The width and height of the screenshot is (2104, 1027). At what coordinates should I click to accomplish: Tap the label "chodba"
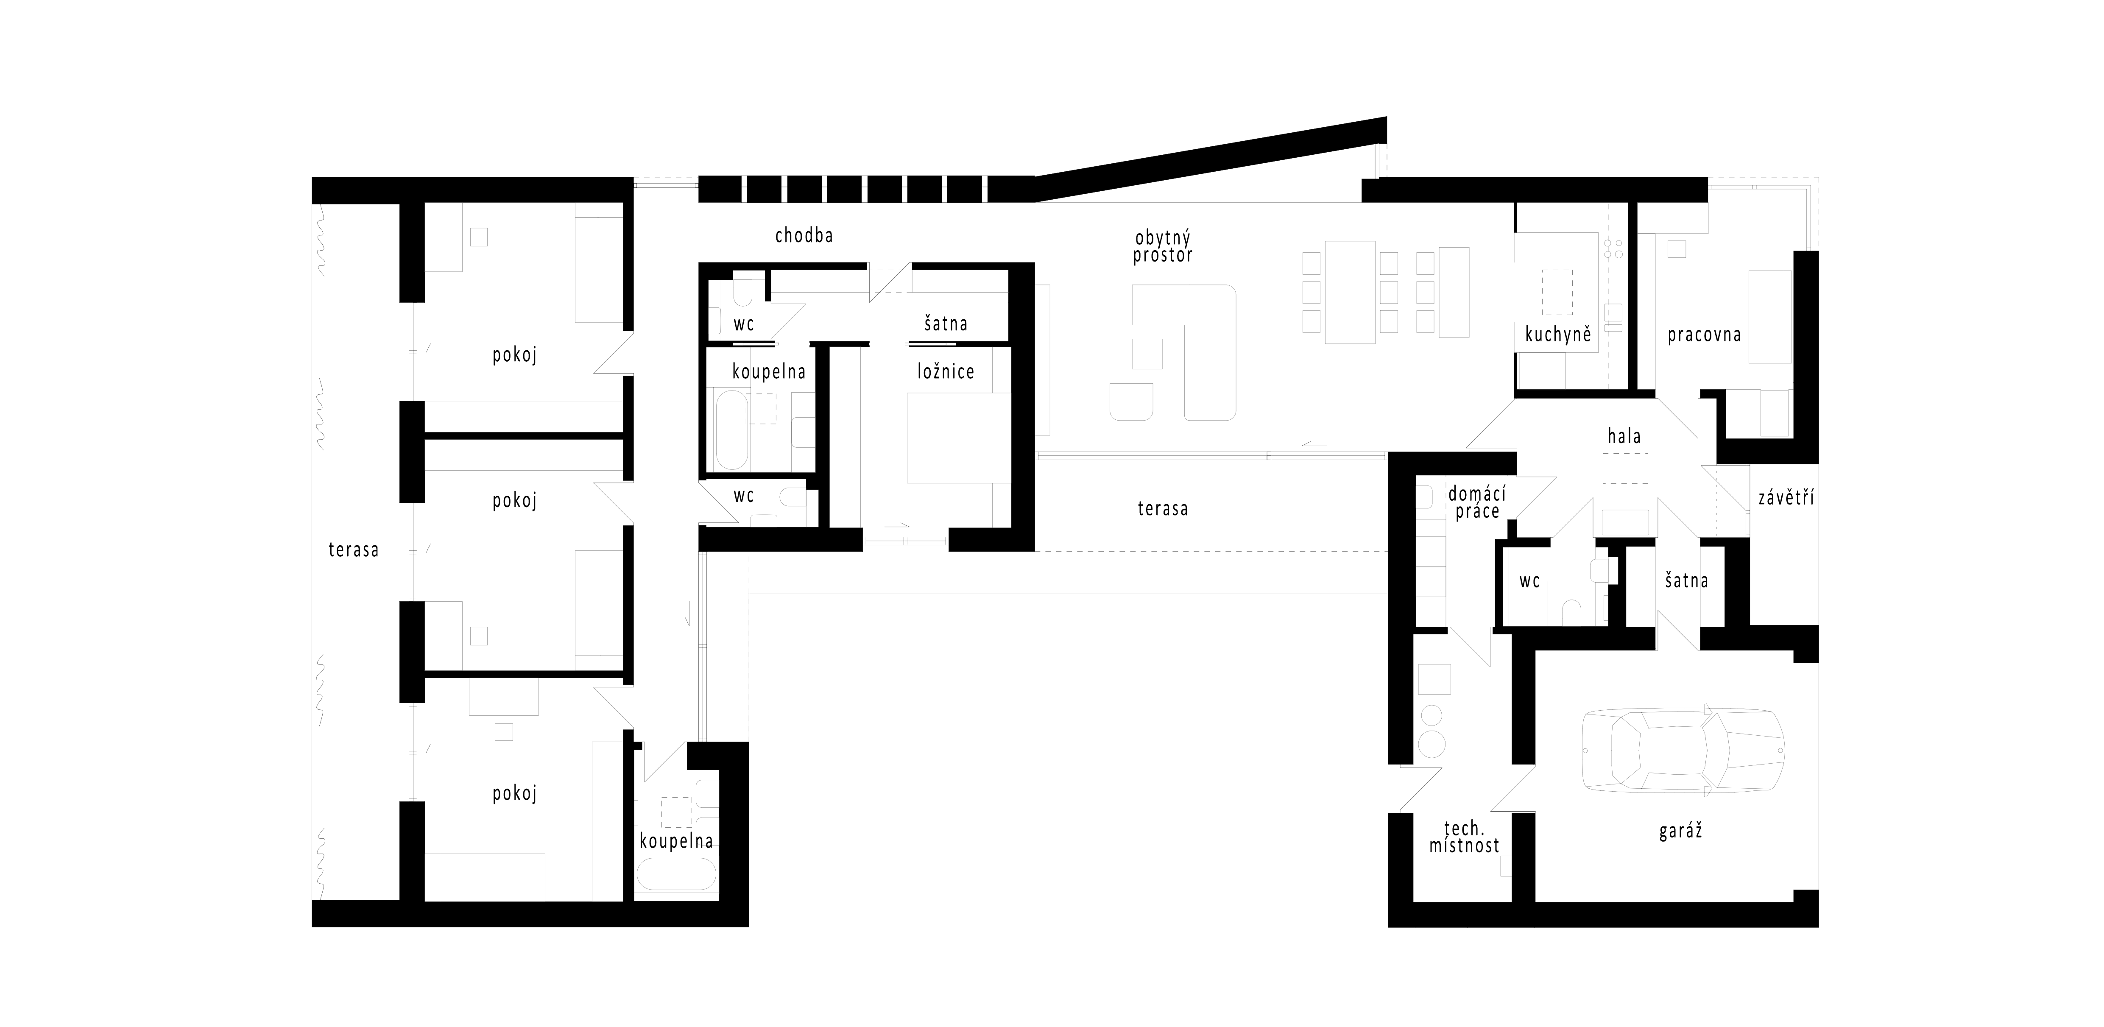click(x=804, y=236)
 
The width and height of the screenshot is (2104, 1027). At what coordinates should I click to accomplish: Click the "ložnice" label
click(x=946, y=372)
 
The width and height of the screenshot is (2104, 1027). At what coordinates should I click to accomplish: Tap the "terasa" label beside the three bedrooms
click(x=354, y=550)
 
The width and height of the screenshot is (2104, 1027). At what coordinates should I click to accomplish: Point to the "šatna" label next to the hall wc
click(x=1686, y=581)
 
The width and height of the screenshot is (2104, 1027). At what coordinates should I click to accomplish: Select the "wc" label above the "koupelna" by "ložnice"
click(x=743, y=324)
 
